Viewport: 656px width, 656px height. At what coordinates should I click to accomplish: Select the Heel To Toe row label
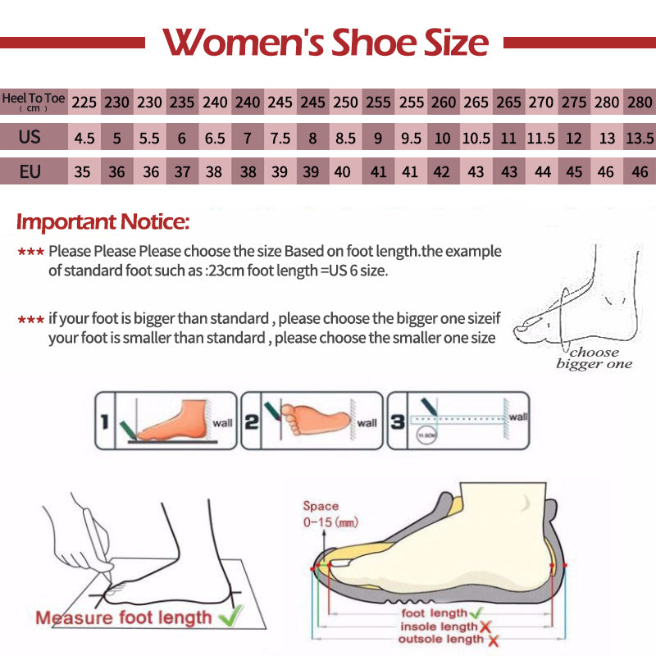34,102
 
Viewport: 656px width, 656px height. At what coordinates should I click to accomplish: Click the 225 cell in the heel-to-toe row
84,103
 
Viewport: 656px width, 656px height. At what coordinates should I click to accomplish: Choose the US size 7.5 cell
280,138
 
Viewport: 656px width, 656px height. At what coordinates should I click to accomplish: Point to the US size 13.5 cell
639,138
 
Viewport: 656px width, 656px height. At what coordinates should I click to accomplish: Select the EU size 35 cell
84,172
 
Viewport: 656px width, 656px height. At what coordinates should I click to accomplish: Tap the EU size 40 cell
345,172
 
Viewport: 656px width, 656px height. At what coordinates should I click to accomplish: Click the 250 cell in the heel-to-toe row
345,103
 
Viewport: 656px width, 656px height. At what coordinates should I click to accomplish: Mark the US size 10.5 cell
476,138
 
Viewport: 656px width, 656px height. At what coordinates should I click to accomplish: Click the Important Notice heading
103,221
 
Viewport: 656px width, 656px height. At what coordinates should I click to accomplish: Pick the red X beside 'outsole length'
494,640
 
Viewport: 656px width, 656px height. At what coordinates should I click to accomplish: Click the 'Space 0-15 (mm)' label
330,514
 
